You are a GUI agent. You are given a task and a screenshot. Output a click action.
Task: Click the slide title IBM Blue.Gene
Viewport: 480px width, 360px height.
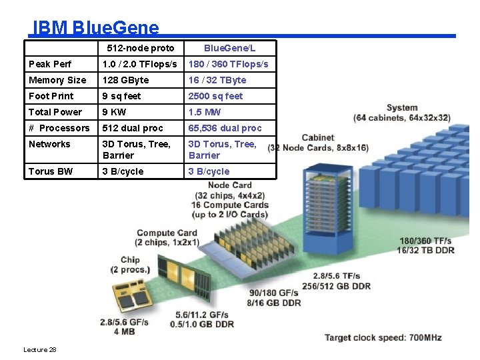tap(96, 27)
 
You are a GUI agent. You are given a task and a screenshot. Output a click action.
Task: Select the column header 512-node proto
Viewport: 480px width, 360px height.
tap(141, 48)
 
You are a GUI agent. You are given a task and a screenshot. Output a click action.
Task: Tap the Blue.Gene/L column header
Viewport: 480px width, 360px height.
tap(229, 48)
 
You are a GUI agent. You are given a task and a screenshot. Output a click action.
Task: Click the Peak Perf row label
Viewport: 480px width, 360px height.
tap(51, 64)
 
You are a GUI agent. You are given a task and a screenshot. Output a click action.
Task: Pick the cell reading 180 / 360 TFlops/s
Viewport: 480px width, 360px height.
tap(228, 64)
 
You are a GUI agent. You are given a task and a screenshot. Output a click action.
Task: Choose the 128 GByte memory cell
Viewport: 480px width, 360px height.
tap(125, 80)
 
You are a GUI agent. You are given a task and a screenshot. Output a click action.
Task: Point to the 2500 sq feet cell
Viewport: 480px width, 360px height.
tap(215, 96)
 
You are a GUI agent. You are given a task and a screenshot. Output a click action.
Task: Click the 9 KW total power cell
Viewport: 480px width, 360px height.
tap(114, 112)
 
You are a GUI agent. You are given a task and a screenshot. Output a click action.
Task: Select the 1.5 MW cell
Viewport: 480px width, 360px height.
tap(205, 112)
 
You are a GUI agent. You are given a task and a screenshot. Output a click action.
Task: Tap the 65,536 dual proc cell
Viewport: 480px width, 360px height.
tap(225, 128)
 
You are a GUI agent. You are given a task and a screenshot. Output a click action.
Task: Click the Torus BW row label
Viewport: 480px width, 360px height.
tap(51, 171)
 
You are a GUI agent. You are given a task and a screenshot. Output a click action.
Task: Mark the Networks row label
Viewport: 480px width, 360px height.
tap(49, 144)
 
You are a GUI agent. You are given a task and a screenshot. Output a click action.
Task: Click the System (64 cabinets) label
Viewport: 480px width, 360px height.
tap(402, 113)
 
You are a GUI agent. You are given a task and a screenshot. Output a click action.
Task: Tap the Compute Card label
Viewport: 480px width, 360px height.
tap(167, 237)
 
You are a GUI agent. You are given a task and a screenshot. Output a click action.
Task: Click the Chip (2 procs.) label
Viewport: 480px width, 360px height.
tap(131, 265)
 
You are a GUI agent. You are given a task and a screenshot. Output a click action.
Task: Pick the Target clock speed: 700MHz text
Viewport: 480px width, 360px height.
tap(383, 338)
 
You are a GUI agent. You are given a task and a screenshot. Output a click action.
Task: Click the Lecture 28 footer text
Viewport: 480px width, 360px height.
tap(40, 350)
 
